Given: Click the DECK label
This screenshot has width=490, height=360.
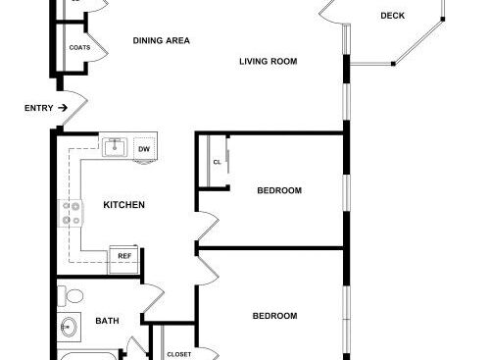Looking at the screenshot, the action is [x=392, y=16].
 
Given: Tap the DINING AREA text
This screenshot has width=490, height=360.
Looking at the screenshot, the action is [x=162, y=40].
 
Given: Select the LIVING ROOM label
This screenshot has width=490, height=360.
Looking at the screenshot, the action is [x=269, y=62].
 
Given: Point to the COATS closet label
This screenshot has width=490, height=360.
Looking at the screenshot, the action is [x=79, y=48].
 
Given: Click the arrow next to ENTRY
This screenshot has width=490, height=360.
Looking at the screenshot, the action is [x=63, y=108].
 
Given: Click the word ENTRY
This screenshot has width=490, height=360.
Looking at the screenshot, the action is [x=39, y=108].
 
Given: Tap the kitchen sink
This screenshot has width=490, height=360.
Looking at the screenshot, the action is [x=115, y=147].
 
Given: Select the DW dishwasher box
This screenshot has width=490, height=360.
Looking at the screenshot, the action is [x=144, y=149].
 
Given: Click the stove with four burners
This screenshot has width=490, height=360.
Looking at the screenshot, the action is [x=71, y=213].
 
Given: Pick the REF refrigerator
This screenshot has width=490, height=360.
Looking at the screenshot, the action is [x=124, y=259].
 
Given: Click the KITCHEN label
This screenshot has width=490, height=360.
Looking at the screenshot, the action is [x=123, y=205].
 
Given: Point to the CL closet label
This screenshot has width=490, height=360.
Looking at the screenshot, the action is [x=218, y=162].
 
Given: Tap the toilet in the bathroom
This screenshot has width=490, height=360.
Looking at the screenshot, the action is [x=70, y=296].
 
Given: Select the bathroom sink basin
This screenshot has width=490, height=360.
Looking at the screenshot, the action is [x=69, y=327].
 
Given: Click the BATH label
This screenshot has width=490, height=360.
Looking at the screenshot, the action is [x=107, y=321].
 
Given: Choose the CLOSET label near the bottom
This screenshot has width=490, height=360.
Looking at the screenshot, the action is [x=179, y=354].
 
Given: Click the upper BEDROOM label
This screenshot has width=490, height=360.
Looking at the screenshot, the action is [x=279, y=190].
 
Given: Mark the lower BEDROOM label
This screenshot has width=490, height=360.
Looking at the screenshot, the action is [x=275, y=316].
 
